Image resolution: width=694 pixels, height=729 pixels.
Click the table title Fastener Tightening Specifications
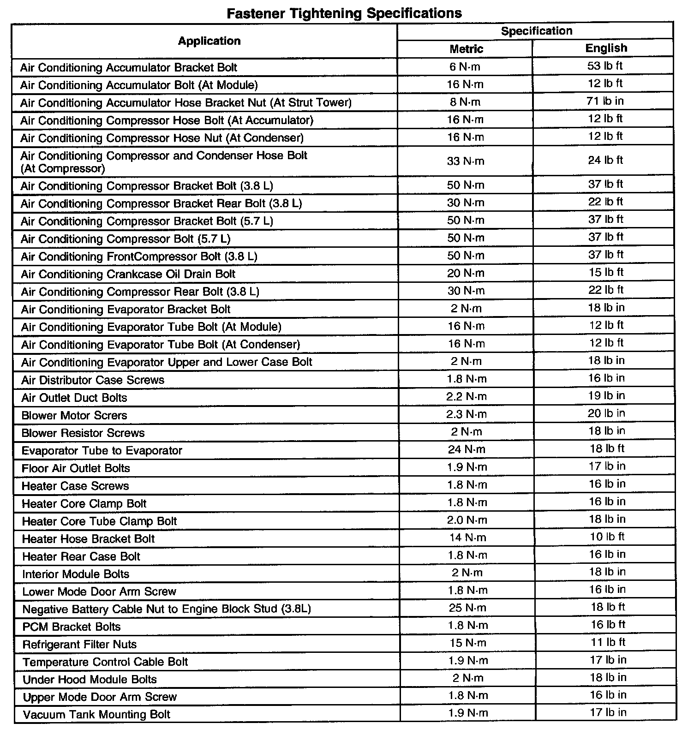344,13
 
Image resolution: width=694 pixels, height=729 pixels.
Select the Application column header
209,41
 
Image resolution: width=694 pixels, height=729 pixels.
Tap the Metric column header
466,49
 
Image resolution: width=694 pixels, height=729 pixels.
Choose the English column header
606,48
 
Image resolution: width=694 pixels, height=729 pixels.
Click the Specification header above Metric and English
536,31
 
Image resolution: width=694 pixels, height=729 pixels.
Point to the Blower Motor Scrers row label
74,415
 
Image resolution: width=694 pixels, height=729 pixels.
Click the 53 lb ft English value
604,66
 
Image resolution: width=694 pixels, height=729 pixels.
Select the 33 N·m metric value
466,161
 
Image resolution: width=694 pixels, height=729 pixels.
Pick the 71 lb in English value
605,101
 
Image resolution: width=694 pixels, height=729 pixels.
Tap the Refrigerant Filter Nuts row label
79,644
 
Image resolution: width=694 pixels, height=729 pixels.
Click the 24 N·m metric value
466,449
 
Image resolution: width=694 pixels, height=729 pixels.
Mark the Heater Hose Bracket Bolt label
88,539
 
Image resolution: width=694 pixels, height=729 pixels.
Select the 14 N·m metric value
467,538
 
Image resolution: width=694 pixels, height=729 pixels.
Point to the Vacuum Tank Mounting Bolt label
96,715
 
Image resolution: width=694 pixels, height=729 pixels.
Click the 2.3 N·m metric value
466,414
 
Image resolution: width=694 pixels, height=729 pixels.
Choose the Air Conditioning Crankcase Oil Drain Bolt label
128,274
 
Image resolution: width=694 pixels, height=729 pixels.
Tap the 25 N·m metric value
467,608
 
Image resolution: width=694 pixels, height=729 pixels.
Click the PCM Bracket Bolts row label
72,627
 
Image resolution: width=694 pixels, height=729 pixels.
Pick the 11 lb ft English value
607,642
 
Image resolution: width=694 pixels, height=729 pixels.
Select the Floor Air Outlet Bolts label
76,468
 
